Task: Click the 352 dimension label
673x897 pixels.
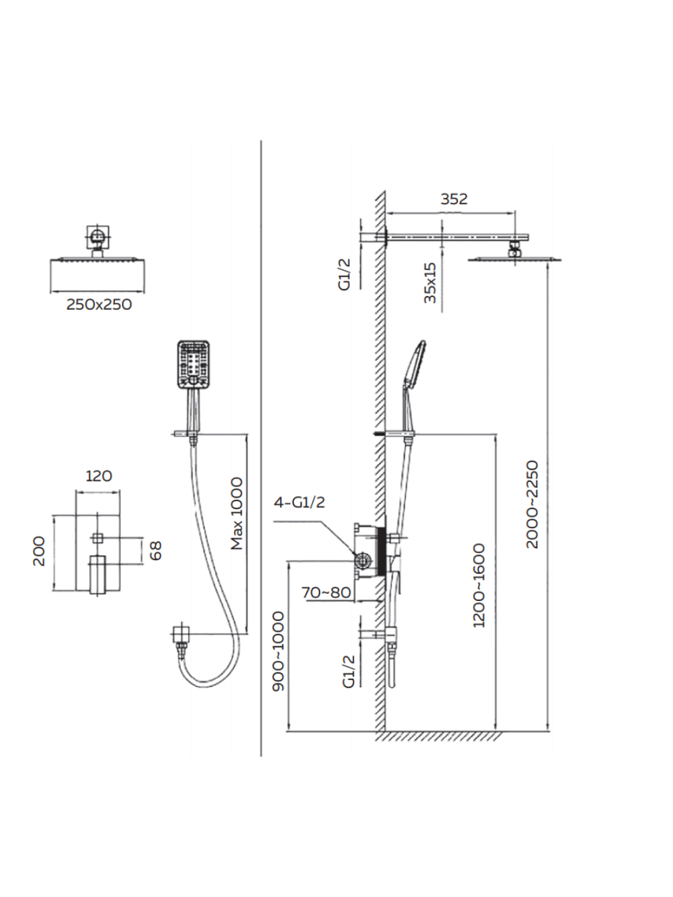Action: pos(453,199)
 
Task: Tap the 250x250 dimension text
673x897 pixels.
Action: pos(99,304)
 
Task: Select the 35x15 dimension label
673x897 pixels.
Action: pos(430,283)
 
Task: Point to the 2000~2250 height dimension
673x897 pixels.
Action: pos(532,504)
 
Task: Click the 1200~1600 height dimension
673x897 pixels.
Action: pos(479,585)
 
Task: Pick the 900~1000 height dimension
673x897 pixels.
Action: pos(279,651)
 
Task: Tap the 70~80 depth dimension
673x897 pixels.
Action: pos(326,592)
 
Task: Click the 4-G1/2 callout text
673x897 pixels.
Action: pos(299,502)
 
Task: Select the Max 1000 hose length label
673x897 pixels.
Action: pos(237,513)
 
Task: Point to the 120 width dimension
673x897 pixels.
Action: pos(99,476)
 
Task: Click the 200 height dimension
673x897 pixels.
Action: pos(39,551)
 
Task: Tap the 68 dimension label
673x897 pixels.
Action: pos(156,550)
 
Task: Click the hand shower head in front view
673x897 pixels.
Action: pos(194,365)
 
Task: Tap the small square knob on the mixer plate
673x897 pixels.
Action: pos(98,538)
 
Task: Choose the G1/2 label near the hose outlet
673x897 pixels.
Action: pos(349,670)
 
